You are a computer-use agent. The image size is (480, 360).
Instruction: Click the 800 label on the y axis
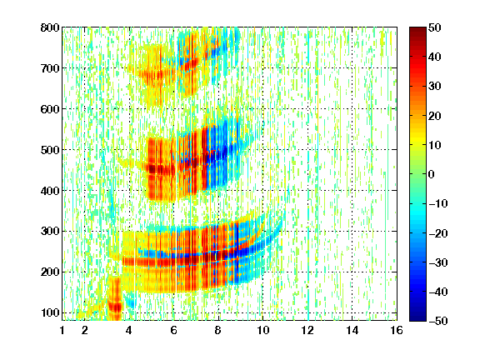coord(50,27)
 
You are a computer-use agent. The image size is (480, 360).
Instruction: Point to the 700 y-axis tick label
coord(50,68)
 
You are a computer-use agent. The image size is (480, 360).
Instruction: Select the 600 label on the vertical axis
coord(50,109)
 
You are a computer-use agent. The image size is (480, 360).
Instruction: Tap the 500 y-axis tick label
coord(50,150)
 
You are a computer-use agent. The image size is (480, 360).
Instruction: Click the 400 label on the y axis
coord(50,191)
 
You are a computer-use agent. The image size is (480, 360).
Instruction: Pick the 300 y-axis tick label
coord(50,232)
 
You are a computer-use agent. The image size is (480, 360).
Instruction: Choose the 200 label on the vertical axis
coord(50,272)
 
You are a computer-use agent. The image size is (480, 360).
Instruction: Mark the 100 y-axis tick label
coord(50,312)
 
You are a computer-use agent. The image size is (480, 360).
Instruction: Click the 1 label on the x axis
coord(62,330)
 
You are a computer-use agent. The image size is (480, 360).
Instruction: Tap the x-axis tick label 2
coord(84,330)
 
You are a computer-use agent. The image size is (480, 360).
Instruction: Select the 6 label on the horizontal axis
coord(173,330)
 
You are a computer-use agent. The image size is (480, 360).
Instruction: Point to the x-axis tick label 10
coord(262,330)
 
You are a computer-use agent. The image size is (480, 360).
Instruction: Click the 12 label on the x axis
coord(307,330)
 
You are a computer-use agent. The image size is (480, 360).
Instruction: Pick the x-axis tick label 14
coord(352,330)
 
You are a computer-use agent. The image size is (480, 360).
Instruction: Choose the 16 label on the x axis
coord(397,330)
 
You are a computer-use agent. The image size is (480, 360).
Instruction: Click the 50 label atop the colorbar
coord(435,27)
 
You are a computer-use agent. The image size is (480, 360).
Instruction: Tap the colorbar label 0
coord(432,174)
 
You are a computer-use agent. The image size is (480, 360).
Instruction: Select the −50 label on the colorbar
coord(438,321)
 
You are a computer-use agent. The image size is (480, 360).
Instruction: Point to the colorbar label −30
coord(438,262)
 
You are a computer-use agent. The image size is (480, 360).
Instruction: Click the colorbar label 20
coord(435,116)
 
